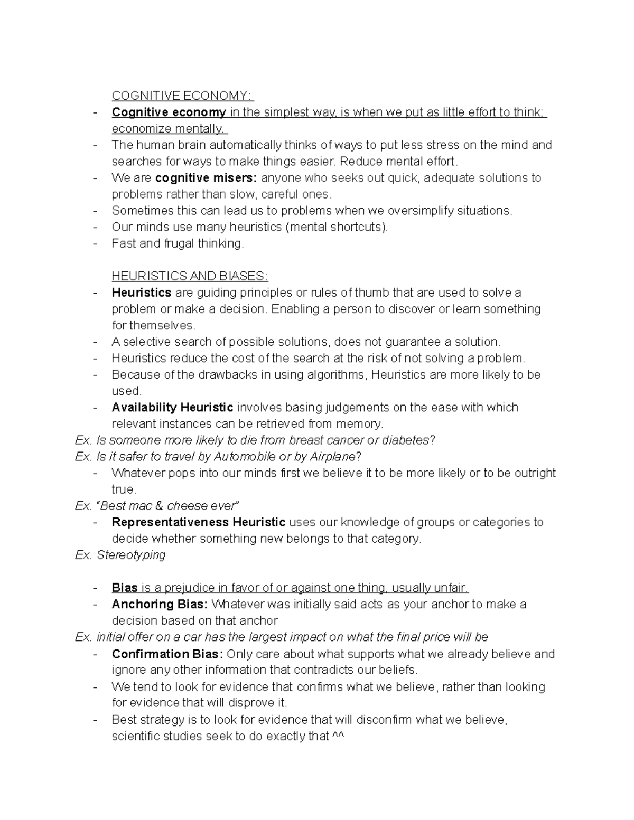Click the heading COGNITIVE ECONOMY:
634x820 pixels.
182,96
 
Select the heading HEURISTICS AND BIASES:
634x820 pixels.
190,276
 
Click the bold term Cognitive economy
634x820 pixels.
169,112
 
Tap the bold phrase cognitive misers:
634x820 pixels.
206,177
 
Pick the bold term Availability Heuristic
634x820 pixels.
172,407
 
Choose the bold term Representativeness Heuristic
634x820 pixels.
198,522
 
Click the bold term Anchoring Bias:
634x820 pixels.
160,604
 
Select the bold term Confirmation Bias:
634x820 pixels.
167,654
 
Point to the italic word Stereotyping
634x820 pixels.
131,555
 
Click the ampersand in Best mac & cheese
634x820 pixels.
159,506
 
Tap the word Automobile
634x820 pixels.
245,456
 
